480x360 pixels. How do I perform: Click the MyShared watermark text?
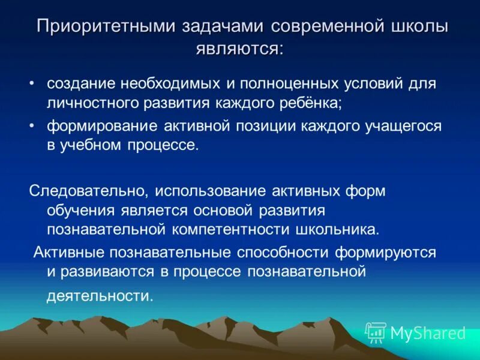428,333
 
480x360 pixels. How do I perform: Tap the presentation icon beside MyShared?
375,332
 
